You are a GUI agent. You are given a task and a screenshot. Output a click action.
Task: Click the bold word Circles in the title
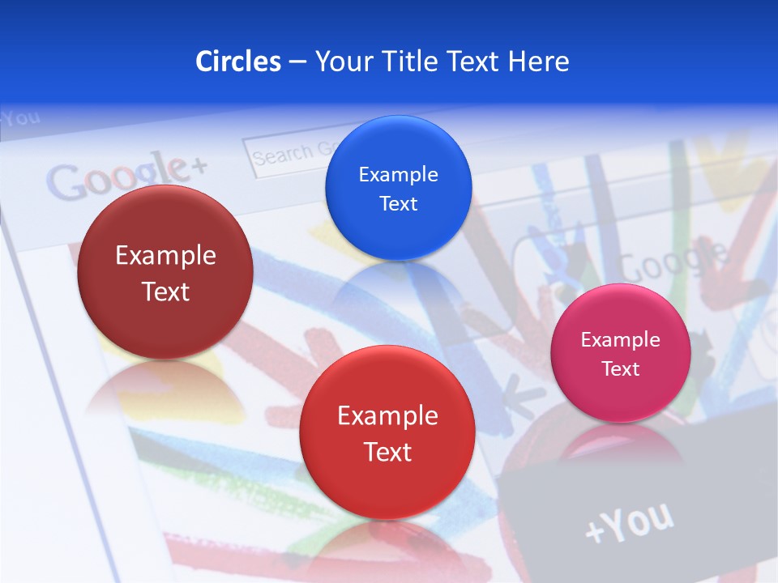click(x=237, y=62)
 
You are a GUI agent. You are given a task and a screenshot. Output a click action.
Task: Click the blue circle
click(x=398, y=188)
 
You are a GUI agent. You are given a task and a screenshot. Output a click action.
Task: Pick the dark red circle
click(x=165, y=272)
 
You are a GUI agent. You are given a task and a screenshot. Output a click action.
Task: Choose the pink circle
click(x=620, y=353)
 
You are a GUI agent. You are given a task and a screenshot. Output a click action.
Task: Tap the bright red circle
click(x=387, y=432)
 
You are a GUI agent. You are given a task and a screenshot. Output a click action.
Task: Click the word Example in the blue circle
click(x=398, y=174)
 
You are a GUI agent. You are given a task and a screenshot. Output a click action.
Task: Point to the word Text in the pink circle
click(x=621, y=369)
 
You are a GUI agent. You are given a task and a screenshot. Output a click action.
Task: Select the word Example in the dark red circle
click(x=165, y=256)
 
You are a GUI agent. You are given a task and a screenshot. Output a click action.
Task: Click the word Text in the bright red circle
click(x=387, y=452)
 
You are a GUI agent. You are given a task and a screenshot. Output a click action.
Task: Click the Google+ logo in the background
click(x=126, y=177)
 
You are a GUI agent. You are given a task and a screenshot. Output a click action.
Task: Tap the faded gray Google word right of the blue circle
click(x=673, y=260)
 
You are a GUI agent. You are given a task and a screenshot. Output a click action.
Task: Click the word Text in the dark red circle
click(x=165, y=291)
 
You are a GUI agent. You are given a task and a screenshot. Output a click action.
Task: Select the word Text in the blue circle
click(x=398, y=203)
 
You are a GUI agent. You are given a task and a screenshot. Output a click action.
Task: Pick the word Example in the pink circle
click(x=620, y=340)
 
